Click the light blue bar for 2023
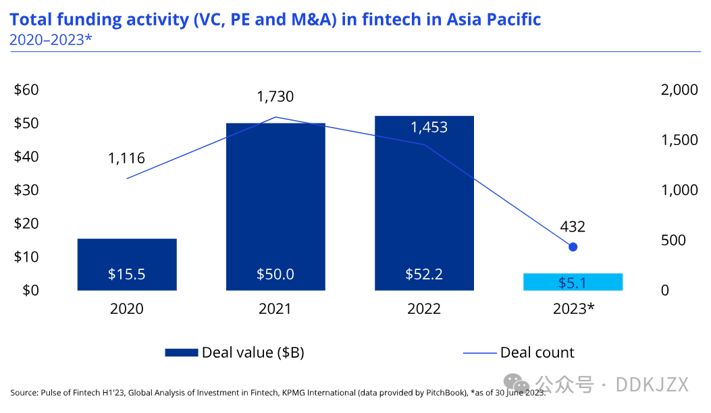coord(573,281)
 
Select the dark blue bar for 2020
coord(127,265)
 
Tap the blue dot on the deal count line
coord(573,247)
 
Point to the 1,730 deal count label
coord(275,97)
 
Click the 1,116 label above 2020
coord(126,158)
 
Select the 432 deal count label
coord(573,226)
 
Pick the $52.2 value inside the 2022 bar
coord(424,274)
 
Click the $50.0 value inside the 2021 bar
coord(275,274)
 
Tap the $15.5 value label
coord(126,274)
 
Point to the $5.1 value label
coord(573,283)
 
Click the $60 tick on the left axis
coord(26,90)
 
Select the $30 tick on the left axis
coord(26,190)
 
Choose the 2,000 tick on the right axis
coord(679,90)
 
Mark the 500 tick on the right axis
coord(673,240)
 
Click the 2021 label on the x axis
coord(275,308)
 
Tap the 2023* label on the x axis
coord(574,308)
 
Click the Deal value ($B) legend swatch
coord(182,353)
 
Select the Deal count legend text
coord(537,353)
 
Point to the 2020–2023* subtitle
coord(51,40)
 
